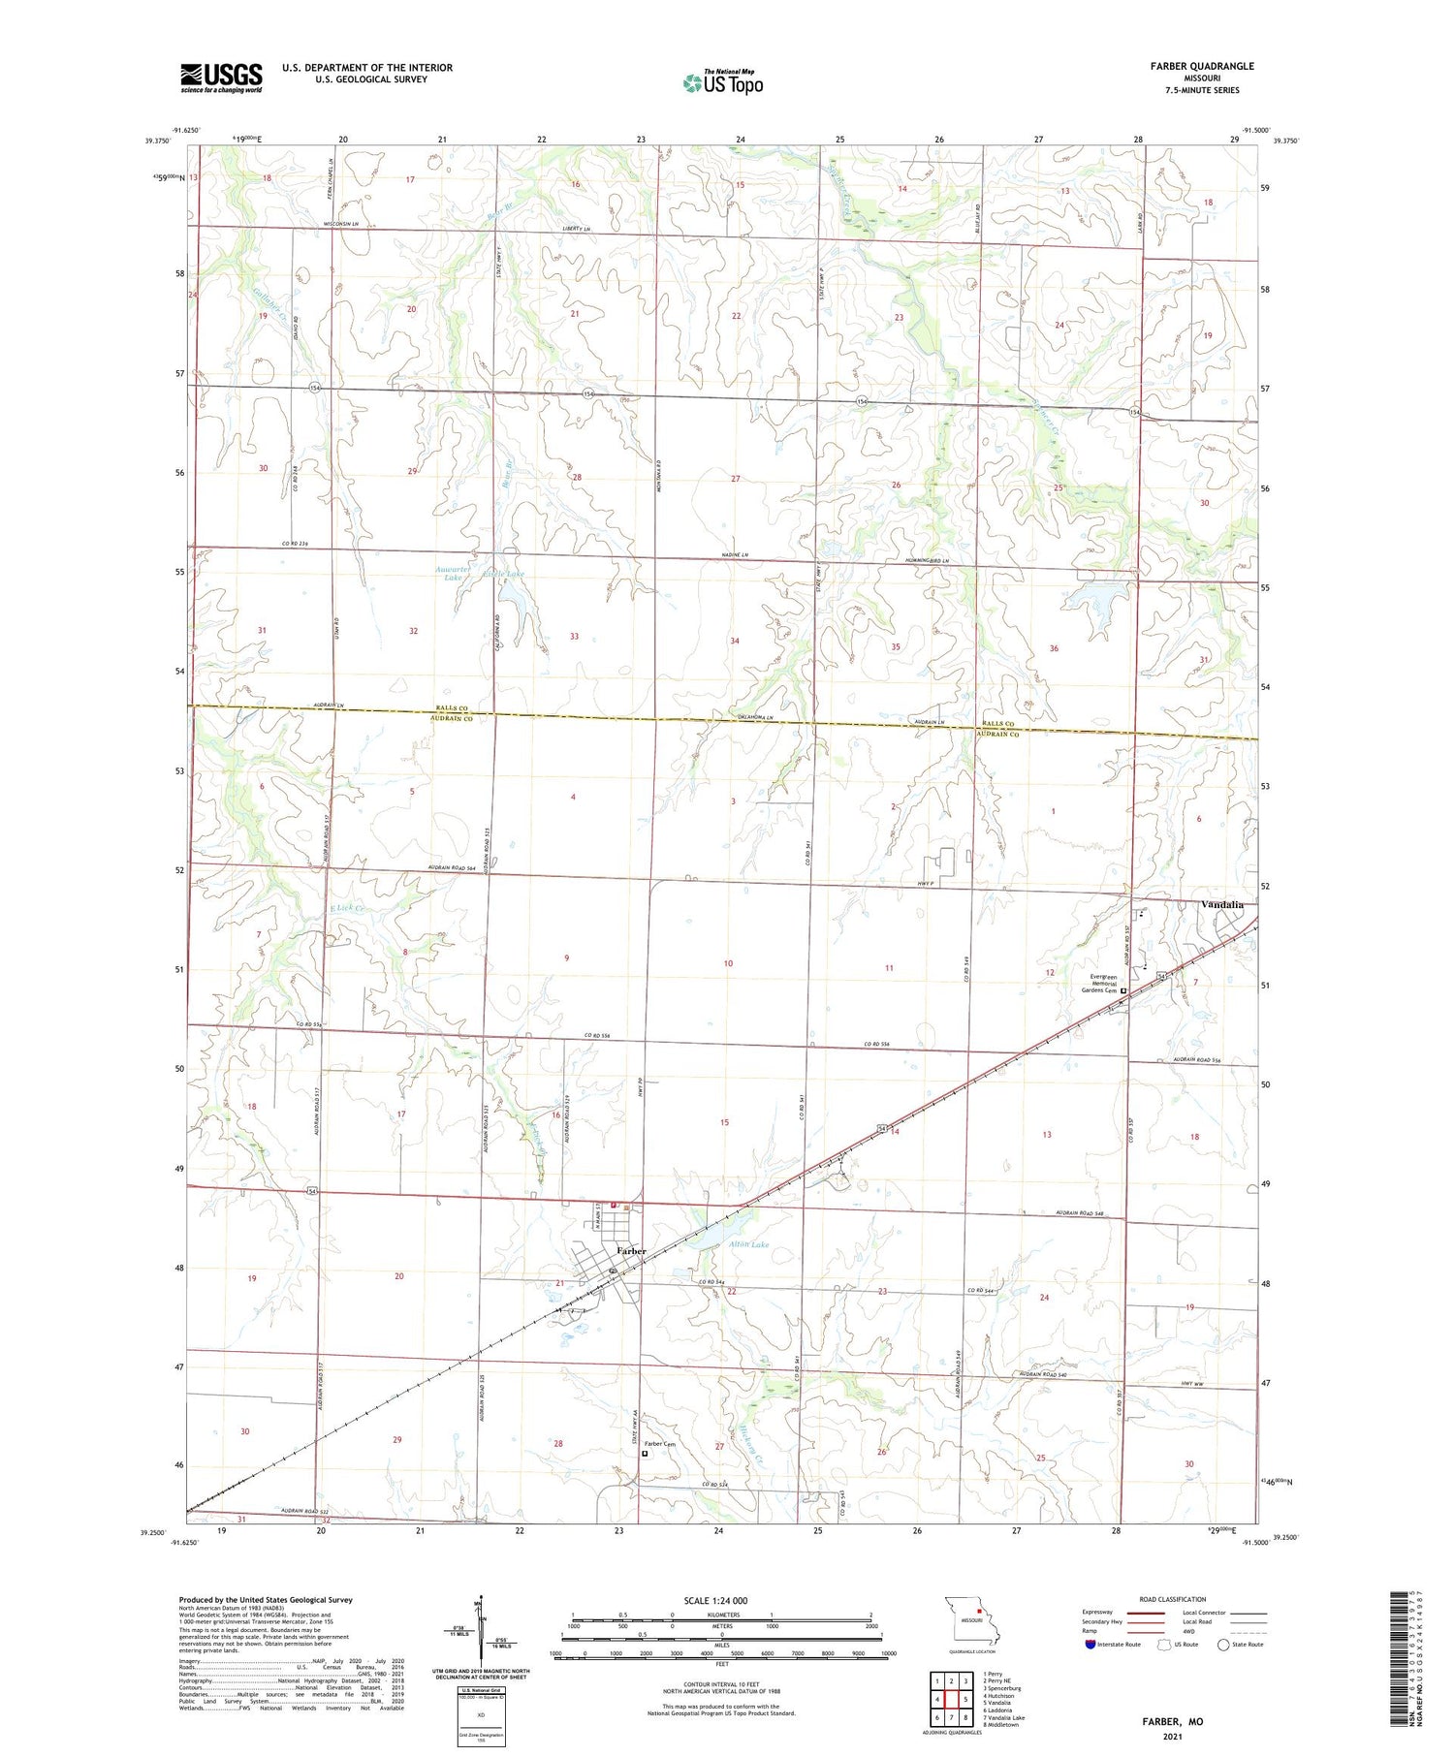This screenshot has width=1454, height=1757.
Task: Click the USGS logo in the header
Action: pos(221,78)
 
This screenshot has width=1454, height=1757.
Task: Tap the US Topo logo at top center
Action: pos(723,83)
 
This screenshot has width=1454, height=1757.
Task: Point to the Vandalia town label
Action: pos(1221,904)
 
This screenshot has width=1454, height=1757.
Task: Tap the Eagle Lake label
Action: pos(503,575)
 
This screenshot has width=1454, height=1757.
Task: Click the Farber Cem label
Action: pos(659,1444)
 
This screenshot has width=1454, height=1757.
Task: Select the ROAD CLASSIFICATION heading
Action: pos(1173,1599)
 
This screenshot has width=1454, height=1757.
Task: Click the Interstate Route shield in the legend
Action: pos(1090,1644)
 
